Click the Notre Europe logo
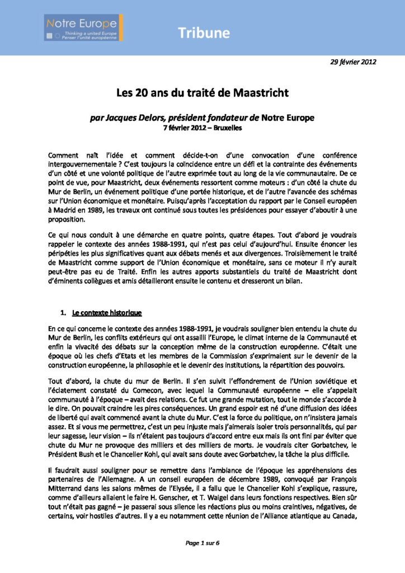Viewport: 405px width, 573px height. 84,27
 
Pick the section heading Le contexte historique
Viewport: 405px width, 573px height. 106,312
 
